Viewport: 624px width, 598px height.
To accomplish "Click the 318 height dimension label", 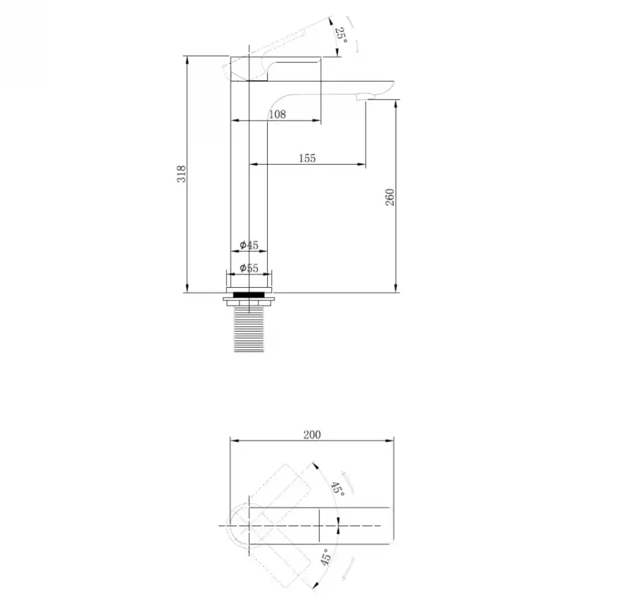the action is coord(181,174).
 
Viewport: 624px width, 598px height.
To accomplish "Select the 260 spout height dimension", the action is coord(389,197).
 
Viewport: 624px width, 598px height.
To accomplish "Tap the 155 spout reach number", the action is coord(307,158).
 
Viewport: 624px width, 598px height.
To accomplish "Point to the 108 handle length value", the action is coord(277,114).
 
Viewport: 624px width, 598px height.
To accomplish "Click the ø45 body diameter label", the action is coord(249,245).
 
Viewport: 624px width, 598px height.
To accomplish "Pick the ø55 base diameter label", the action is coord(249,268).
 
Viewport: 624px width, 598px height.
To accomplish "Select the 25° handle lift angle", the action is coord(341,35).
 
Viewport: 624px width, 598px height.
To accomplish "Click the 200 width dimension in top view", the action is coord(312,435).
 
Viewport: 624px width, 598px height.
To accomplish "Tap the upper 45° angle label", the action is coord(338,488).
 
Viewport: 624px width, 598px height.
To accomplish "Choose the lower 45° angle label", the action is coord(326,557).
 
